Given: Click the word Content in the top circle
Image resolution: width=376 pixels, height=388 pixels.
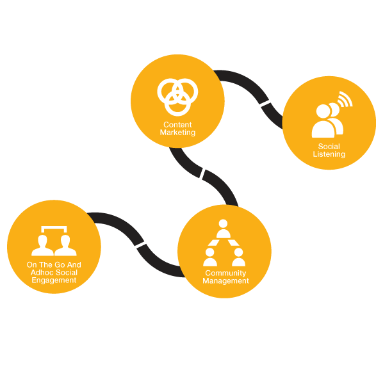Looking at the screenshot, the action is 177,124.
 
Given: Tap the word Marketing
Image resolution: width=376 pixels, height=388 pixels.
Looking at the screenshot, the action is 177,133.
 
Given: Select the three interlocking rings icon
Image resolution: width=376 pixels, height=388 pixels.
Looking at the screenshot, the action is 177,97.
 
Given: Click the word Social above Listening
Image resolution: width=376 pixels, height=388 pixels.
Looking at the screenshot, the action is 329,147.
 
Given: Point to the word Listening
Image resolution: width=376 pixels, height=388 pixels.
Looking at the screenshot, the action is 329,154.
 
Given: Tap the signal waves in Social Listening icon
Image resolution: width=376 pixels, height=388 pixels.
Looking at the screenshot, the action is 346,99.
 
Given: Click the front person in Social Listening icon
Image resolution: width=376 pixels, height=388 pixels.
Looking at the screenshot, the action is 323,121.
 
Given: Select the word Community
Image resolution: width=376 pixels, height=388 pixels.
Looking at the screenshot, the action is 225,273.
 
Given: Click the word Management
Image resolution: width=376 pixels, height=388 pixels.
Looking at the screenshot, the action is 225,281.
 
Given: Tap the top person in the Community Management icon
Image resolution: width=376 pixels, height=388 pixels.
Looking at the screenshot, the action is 224,229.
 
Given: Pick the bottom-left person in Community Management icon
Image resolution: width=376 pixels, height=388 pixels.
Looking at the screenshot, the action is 210,257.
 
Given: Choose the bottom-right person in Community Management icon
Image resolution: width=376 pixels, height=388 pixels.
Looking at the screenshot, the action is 238,257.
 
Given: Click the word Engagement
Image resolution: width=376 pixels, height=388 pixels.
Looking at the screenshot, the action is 54,280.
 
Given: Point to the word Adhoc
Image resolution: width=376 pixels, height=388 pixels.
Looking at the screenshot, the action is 43,273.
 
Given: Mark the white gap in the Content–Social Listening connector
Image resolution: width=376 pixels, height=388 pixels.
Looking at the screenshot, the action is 265,104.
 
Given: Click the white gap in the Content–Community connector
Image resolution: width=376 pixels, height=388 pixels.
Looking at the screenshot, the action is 202,174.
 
